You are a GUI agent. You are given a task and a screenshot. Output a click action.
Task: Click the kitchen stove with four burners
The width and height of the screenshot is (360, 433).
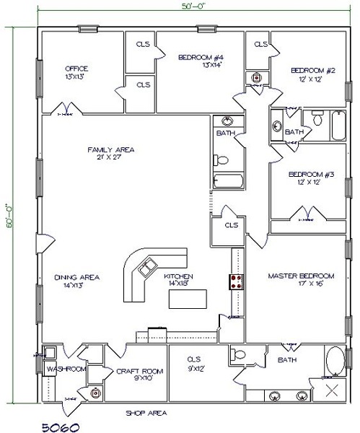pos(235,282)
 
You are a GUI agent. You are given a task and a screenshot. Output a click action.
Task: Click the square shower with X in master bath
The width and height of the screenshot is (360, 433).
pos(333,391)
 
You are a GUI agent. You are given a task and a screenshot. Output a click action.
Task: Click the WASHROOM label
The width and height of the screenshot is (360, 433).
pos(66,369)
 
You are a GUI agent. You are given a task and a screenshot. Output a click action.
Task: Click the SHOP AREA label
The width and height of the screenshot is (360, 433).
pos(148,412)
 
